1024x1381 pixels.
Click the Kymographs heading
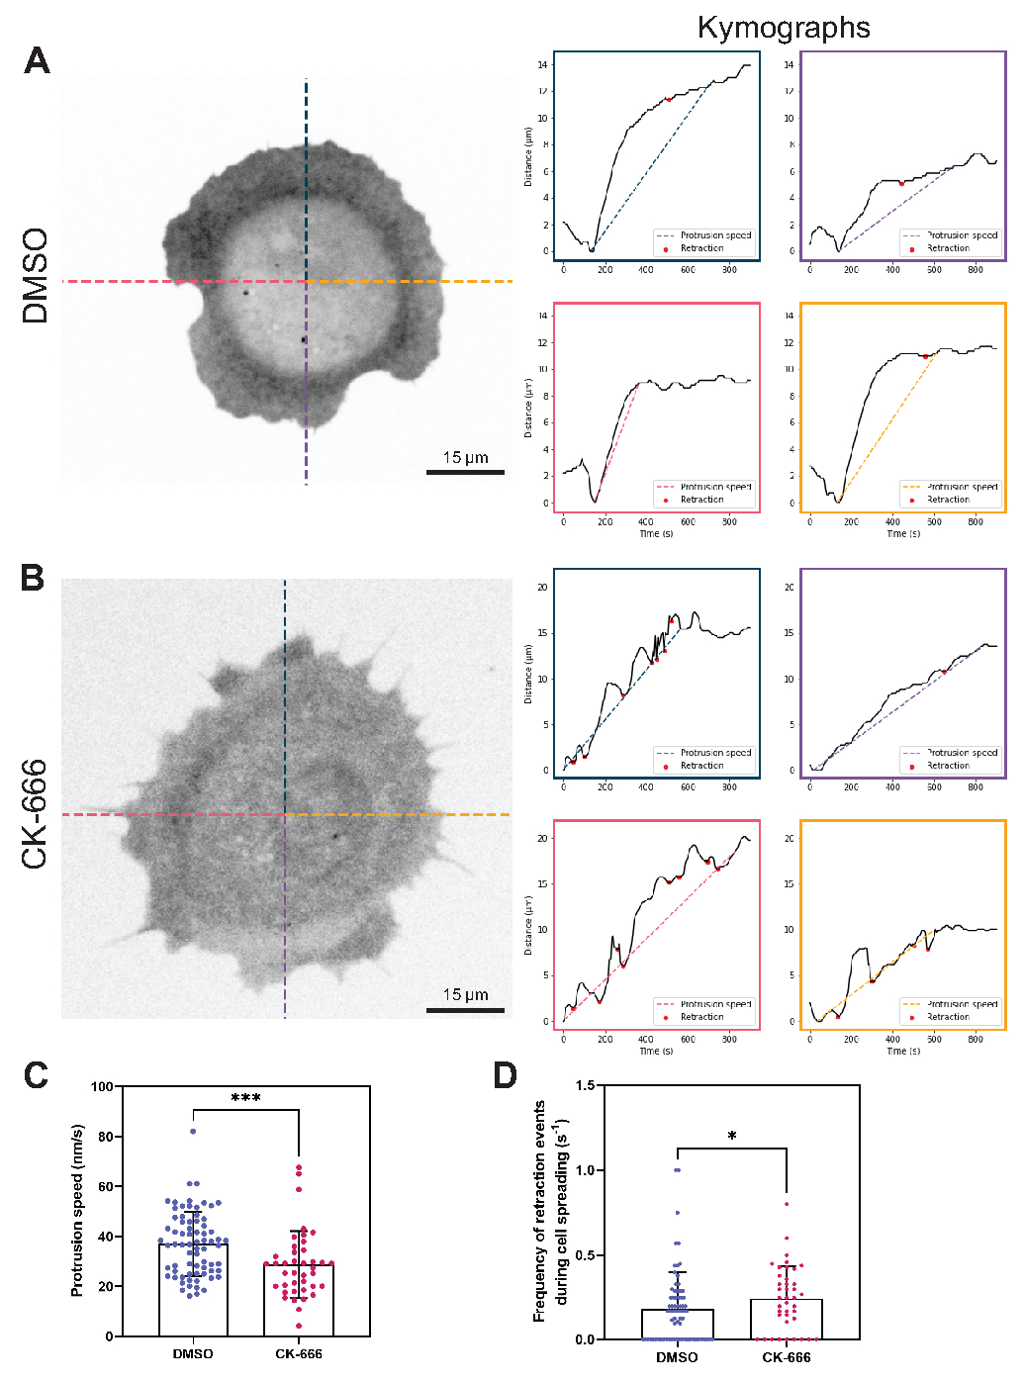pos(784,28)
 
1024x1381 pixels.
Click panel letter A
pos(37,61)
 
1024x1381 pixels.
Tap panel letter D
pos(505,1075)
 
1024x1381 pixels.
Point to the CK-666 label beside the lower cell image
pos(36,814)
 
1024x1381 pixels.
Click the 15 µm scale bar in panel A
pos(465,472)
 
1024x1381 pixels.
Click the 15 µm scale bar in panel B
pos(465,1010)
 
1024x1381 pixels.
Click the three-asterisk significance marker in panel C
pos(245,1099)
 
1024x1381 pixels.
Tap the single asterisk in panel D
pos(732,1137)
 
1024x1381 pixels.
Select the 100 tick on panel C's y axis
pos(102,1087)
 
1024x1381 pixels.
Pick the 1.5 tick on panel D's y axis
pos(585,1086)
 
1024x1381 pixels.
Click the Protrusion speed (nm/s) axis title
pos(78,1211)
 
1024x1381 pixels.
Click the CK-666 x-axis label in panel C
pos(298,1354)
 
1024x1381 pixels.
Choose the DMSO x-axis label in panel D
pos(677,1357)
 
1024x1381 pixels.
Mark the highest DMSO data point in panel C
pos(193,1132)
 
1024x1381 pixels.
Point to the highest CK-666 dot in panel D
pos(787,1204)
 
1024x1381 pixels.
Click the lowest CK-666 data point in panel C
pos(298,1326)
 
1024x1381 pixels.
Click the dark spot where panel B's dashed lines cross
pos(285,815)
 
